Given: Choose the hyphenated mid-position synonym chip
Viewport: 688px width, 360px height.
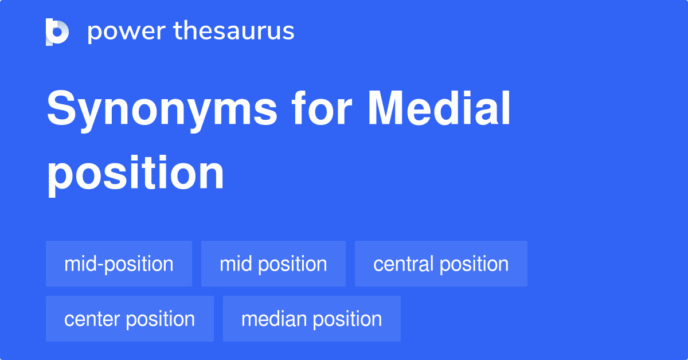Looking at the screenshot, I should [x=119, y=264].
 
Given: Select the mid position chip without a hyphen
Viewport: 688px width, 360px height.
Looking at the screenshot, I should [x=273, y=264].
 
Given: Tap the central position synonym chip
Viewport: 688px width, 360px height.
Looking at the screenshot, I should [x=441, y=264].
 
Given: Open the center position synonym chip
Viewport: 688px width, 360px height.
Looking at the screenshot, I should [x=130, y=319].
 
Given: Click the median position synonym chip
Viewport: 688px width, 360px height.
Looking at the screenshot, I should [x=311, y=319].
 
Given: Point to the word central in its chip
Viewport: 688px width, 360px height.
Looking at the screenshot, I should [x=403, y=264].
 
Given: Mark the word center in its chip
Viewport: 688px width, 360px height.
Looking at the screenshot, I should [x=92, y=319].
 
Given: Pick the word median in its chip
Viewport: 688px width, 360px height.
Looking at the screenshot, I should [x=273, y=319].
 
